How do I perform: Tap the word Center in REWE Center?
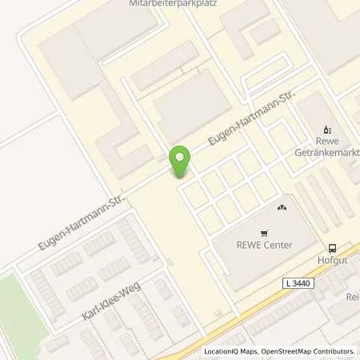point(279,245)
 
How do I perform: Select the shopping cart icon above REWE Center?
point(281,207)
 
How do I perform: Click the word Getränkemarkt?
point(330,152)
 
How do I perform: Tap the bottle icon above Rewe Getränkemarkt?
point(326,129)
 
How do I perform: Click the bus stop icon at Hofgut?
point(332,249)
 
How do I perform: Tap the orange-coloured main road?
point(264,300)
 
